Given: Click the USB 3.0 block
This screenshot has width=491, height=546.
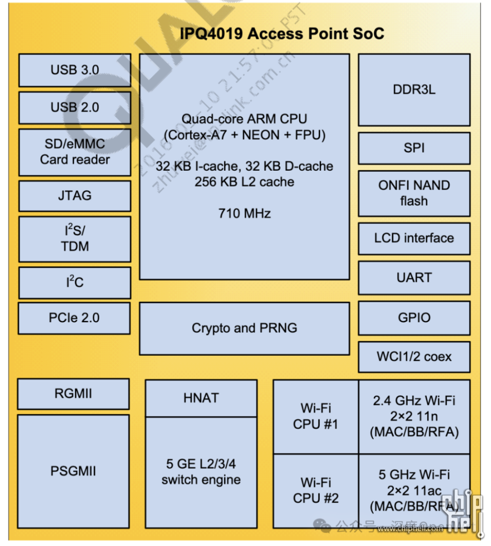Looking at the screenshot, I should [75, 70].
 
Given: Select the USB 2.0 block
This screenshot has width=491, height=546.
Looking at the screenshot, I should [75, 108].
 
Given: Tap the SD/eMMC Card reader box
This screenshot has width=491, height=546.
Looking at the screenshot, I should [75, 152].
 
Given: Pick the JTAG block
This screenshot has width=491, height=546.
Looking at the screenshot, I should [75, 196].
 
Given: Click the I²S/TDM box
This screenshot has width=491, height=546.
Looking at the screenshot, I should [75, 239].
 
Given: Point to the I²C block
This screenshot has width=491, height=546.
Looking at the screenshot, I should [75, 282].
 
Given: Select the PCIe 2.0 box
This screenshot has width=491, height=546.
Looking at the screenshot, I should [74, 318].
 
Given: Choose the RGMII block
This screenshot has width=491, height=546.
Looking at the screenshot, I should [73, 393].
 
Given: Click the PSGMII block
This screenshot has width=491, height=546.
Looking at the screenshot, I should [73, 471].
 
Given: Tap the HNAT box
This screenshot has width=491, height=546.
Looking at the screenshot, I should [201, 398].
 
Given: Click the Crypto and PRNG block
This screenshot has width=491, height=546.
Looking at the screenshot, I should [244, 328].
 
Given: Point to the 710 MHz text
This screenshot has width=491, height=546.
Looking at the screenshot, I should [244, 214].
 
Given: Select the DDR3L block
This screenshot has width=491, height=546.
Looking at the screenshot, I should [414, 90].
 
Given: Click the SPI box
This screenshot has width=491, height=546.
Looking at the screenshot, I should [414, 148].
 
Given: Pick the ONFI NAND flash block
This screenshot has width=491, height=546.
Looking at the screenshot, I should [414, 193].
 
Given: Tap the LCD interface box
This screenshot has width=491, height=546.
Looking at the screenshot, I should [414, 238].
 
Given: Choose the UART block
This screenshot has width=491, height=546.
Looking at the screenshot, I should [414, 278].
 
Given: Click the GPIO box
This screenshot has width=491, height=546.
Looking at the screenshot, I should [414, 318].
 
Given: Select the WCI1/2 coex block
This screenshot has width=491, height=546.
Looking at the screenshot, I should [414, 357].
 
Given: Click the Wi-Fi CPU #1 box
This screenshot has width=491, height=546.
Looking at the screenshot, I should [316, 416].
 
